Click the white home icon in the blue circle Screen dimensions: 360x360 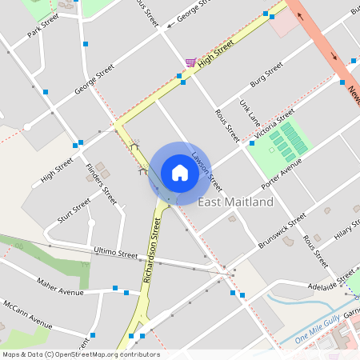179,172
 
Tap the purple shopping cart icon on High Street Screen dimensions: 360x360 190,62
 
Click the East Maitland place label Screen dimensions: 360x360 235,202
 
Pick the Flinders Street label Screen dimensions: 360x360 101,183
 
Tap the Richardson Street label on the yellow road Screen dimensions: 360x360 147,249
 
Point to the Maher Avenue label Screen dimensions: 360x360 60,286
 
